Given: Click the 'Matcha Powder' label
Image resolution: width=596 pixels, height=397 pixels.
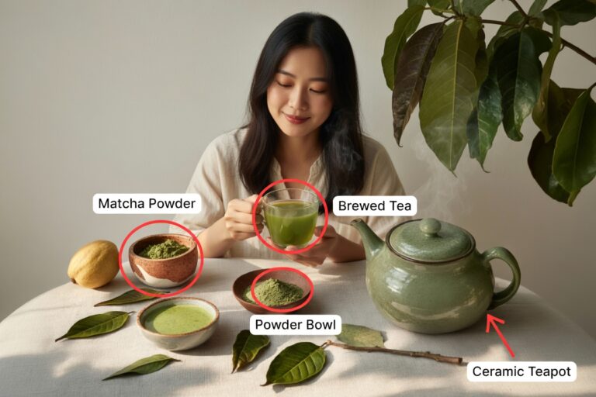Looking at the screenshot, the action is click(147, 204).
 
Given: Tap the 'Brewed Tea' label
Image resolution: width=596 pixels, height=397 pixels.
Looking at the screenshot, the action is click(375, 206).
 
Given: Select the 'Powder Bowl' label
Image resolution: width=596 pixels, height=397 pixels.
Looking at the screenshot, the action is click(296, 325).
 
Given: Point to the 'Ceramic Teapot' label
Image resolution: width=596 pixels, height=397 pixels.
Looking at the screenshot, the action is click(521, 371).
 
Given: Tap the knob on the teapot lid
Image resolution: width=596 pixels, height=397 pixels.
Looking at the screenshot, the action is click(430, 227).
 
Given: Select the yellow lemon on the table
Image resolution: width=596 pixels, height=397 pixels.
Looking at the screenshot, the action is click(93, 264).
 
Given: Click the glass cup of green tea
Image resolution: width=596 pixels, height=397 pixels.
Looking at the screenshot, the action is click(290, 218).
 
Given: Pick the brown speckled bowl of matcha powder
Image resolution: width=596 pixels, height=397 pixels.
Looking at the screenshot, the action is click(163, 261).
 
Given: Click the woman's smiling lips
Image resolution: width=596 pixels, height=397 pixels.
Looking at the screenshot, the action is click(296, 119).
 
